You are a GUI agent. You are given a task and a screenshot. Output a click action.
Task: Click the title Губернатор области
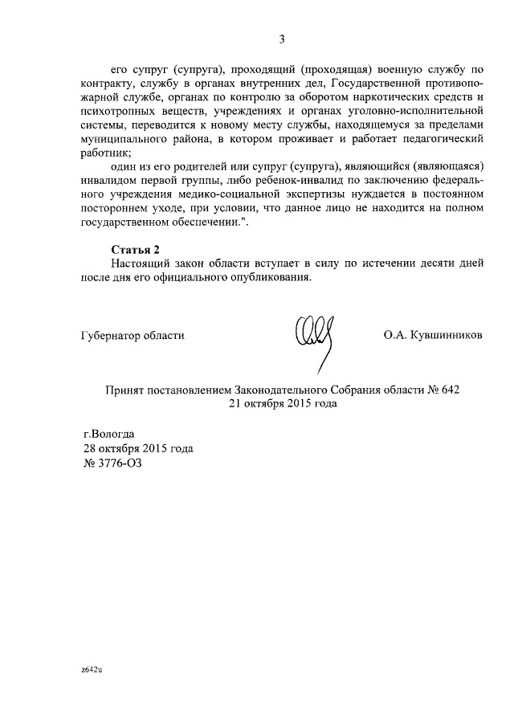click(133, 336)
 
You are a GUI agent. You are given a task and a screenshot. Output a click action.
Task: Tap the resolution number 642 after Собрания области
click(451, 390)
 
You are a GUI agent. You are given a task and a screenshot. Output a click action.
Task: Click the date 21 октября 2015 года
click(282, 403)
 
